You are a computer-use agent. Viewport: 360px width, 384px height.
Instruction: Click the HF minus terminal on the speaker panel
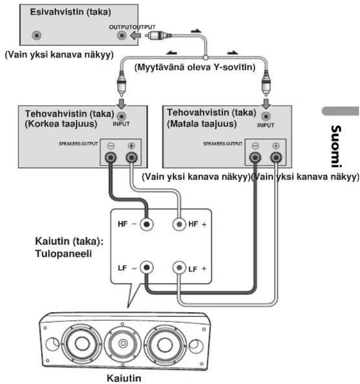pyautogui.click(x=146, y=224)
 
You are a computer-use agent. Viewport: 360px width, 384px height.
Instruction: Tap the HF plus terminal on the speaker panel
pyautogui.click(x=179, y=224)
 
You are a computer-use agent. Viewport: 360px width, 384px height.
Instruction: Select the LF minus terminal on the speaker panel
pyautogui.click(x=146, y=268)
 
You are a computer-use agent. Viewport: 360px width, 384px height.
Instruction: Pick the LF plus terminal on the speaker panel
pyautogui.click(x=179, y=268)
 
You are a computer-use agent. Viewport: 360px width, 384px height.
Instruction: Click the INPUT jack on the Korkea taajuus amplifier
pyautogui.click(x=121, y=116)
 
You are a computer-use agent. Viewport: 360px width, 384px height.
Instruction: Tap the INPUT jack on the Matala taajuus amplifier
pyautogui.click(x=266, y=116)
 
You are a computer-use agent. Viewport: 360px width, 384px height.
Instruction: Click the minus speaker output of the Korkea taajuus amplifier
pyautogui.click(x=111, y=157)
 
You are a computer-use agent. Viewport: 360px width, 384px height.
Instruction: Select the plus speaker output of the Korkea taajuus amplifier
pyautogui.click(x=131, y=157)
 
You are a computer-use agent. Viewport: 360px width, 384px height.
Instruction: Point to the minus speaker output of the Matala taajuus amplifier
pyautogui.click(x=255, y=157)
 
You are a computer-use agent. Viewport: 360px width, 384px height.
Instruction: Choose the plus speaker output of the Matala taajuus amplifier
pyautogui.click(x=276, y=157)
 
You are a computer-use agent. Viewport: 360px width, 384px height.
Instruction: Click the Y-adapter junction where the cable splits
pyautogui.click(x=206, y=58)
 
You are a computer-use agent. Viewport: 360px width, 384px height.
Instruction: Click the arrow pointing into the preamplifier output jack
pyautogui.click(x=135, y=36)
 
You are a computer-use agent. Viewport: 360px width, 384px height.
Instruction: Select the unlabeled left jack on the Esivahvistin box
pyautogui.click(x=37, y=36)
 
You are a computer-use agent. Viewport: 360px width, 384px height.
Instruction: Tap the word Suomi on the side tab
pyautogui.click(x=336, y=146)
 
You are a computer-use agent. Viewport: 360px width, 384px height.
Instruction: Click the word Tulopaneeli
pyautogui.click(x=64, y=254)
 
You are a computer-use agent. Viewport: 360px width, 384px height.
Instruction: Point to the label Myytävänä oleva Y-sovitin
pyautogui.click(x=195, y=67)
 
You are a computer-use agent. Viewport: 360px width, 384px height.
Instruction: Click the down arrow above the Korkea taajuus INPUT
pyautogui.click(x=121, y=104)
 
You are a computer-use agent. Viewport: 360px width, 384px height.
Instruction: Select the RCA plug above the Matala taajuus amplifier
pyautogui.click(x=266, y=83)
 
